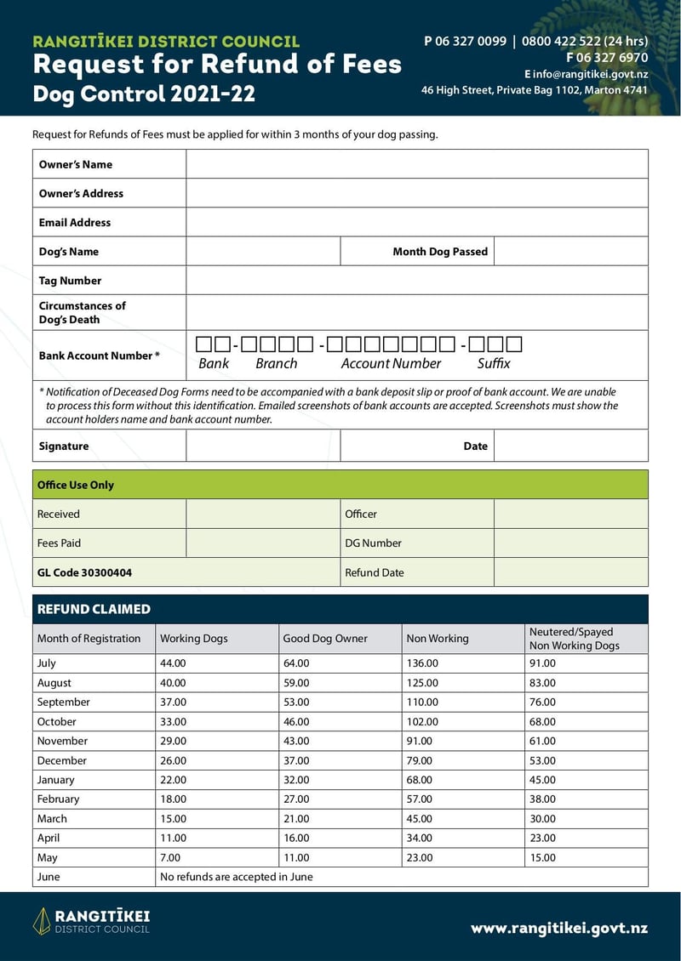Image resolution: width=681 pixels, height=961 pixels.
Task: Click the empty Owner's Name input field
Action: (x=417, y=164)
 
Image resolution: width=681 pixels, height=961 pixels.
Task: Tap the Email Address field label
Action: (x=75, y=223)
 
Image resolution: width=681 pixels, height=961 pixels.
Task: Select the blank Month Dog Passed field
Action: (x=570, y=252)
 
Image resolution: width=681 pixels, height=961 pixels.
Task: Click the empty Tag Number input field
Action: (x=417, y=281)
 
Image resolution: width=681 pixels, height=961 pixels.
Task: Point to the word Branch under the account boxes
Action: (x=277, y=364)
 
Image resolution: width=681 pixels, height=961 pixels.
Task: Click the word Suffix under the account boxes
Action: (x=494, y=364)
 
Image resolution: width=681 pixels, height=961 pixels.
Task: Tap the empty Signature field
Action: (x=263, y=446)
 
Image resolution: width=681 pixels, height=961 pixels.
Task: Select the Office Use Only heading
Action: (x=76, y=486)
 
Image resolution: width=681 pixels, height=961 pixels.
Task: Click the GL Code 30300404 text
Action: (x=84, y=573)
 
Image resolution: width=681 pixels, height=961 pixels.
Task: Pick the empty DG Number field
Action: (x=570, y=543)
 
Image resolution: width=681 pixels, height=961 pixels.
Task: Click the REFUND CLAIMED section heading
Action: (x=94, y=610)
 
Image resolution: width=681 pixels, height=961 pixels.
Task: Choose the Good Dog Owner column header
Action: (x=325, y=639)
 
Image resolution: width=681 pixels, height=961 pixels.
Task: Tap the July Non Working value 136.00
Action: (x=422, y=663)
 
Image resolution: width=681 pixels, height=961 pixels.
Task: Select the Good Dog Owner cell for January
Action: (x=296, y=780)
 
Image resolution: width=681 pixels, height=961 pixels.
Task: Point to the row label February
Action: (x=58, y=799)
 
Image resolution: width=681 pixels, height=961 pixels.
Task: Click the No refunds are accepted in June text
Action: (x=237, y=877)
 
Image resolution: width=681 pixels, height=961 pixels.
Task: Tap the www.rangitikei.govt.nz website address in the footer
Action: (x=559, y=929)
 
